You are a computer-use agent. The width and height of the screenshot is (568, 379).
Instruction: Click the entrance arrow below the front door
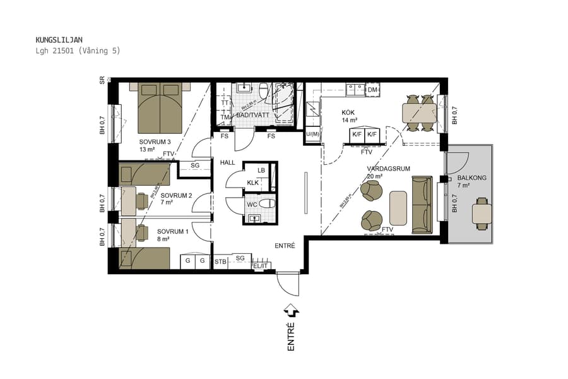[x=291, y=310]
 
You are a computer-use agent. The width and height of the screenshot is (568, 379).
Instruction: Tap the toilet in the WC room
[x=268, y=203]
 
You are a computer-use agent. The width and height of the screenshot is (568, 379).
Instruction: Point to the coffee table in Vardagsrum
[x=398, y=207]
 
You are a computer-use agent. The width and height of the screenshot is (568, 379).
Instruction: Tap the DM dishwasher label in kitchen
[x=372, y=90]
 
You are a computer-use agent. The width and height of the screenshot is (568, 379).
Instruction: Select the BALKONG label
[x=471, y=178]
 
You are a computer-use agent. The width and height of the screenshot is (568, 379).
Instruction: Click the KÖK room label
[x=348, y=112]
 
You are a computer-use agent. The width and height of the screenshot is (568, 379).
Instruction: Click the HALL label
[x=227, y=162]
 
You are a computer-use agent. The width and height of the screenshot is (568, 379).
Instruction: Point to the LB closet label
[x=261, y=171]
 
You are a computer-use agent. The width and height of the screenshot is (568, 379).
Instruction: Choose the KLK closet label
[x=252, y=183]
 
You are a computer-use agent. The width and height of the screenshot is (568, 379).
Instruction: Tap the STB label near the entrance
[x=220, y=261]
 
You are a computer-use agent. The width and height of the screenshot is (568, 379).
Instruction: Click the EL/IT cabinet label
[x=260, y=267]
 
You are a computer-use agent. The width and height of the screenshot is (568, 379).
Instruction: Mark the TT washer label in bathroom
[x=224, y=103]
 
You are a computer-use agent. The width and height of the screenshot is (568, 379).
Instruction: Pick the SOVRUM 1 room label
[x=172, y=231]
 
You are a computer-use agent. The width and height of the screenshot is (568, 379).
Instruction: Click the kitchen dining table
[x=420, y=113]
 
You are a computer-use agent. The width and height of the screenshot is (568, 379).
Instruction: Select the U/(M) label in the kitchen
[x=312, y=134]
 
